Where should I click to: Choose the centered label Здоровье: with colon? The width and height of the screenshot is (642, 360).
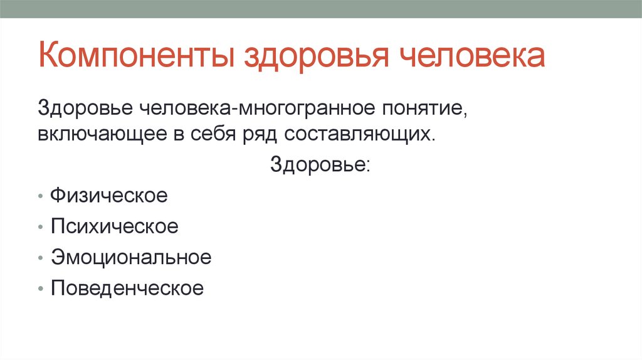pos(320,165)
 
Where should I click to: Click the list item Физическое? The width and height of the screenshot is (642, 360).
pos(109,196)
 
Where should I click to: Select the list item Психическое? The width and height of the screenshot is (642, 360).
pos(115,226)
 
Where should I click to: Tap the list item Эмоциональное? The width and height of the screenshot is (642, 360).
pos(131,257)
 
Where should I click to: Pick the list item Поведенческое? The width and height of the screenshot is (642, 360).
pos(127,289)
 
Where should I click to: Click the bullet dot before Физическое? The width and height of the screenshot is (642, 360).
pos(40,197)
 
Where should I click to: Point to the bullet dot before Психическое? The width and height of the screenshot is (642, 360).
pos(40,228)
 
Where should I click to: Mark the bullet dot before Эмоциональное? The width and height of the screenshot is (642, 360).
pos(40,258)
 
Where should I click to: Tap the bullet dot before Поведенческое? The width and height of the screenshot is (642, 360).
pos(40,290)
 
